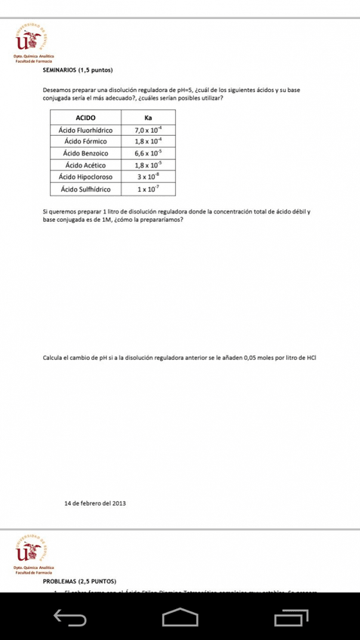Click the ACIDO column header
point(87,118)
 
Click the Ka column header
point(148,118)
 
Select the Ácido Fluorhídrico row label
point(87,130)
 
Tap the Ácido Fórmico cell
point(87,141)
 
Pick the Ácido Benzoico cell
point(87,153)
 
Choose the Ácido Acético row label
point(87,165)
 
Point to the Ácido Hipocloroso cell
point(87,177)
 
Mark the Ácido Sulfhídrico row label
point(87,189)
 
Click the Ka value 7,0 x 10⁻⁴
point(148,130)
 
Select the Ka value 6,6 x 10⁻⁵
point(148,153)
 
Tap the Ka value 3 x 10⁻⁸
point(148,177)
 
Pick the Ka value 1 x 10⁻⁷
point(148,189)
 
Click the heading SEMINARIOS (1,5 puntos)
point(78,70)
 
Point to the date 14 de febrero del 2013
point(95,503)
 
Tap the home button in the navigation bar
point(180,617)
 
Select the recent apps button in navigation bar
point(291,618)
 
